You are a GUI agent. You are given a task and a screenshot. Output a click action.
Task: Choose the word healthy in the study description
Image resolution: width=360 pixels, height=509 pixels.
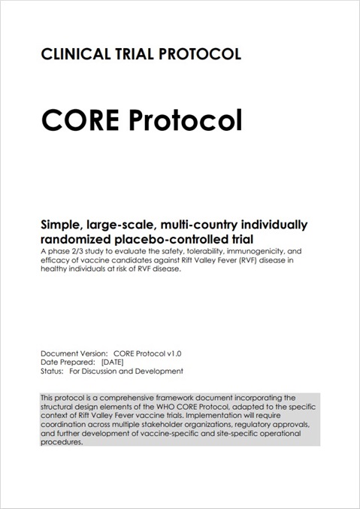[x=57, y=270]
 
